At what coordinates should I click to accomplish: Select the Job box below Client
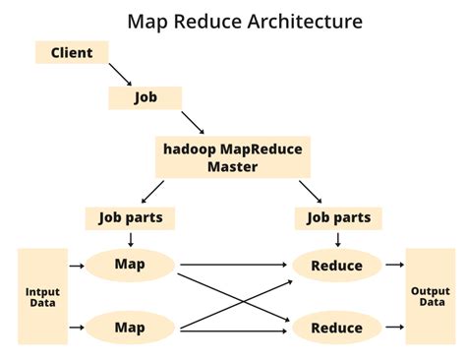(x=145, y=97)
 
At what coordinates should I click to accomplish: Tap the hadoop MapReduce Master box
(x=232, y=157)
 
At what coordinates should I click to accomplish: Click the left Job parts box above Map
(x=131, y=218)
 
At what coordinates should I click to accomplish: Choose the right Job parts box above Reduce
(x=337, y=218)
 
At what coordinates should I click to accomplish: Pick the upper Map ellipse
(x=130, y=265)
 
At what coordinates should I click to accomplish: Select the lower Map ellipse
(x=130, y=327)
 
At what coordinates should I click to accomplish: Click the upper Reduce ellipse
(x=336, y=266)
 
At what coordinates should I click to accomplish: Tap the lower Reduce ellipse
(x=336, y=328)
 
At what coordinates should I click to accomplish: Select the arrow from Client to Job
(x=121, y=75)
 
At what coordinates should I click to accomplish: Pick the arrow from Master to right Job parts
(x=311, y=191)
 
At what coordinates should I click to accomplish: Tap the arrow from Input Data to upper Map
(x=77, y=265)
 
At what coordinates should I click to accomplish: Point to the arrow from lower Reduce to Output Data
(x=394, y=327)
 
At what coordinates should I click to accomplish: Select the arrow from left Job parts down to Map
(x=130, y=239)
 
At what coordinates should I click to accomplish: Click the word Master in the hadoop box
(x=232, y=166)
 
